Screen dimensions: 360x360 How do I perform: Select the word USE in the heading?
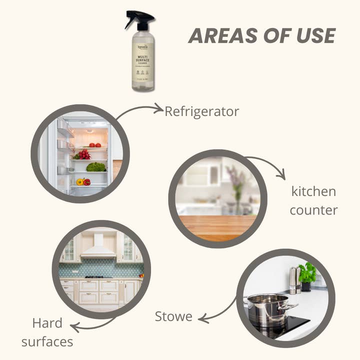pyautogui.click(x=313, y=36)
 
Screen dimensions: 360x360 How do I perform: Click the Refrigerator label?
pyautogui.click(x=202, y=111)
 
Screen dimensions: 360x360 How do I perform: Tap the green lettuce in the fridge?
pyautogui.click(x=95, y=167)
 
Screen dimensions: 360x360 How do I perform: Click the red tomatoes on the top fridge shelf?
pyautogui.click(x=95, y=145)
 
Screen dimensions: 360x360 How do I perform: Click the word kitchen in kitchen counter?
pyautogui.click(x=313, y=191)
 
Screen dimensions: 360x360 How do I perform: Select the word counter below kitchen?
pyautogui.click(x=313, y=210)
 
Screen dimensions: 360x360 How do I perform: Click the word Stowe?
pyautogui.click(x=173, y=316)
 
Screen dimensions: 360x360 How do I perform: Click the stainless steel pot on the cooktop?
pyautogui.click(x=267, y=309)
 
